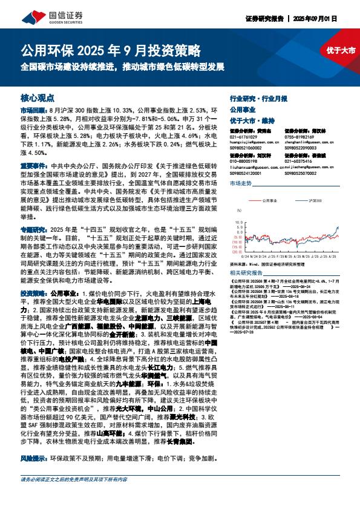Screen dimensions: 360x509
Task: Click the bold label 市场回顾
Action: click(33, 111)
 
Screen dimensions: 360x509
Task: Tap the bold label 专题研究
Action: click(33, 231)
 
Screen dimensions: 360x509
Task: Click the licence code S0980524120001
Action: click(246, 172)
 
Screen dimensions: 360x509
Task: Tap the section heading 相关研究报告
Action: click(245, 274)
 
